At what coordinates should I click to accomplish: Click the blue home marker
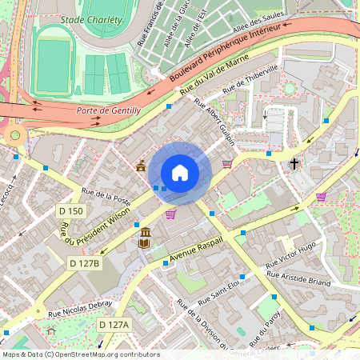coord(180,173)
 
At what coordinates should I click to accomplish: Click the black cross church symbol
coord(294,164)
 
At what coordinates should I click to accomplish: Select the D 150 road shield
coord(71,211)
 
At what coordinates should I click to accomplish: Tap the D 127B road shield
coord(84,263)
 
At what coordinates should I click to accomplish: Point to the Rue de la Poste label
coord(106,197)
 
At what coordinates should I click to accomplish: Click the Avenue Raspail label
coord(196,250)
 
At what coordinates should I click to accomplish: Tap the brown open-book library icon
coord(146,238)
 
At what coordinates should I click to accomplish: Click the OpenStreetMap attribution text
coord(80,354)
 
